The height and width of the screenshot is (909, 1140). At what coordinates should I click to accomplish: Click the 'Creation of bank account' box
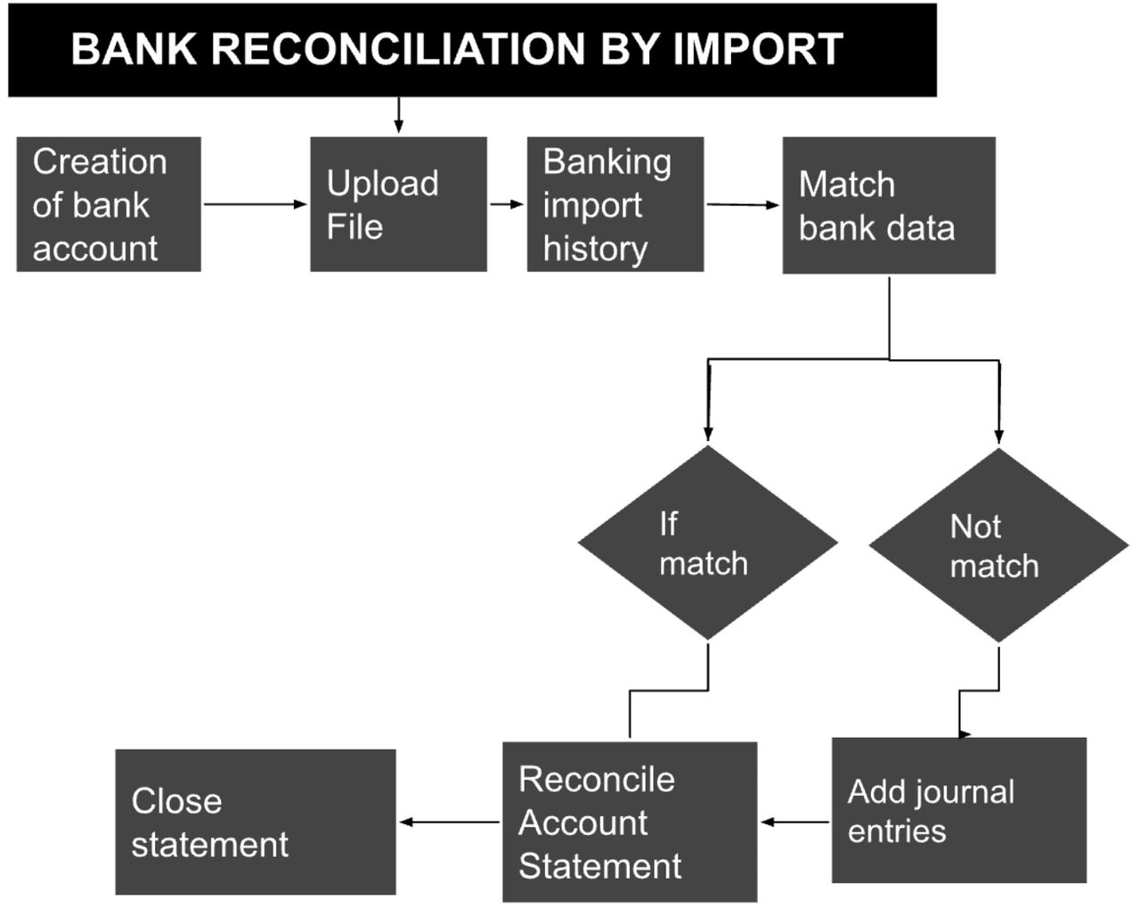[x=109, y=204]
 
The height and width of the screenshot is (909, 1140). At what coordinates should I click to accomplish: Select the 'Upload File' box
[x=398, y=204]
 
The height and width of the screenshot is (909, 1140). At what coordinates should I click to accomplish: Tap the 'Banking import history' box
[x=615, y=204]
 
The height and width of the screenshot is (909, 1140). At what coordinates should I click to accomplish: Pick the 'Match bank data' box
[x=889, y=205]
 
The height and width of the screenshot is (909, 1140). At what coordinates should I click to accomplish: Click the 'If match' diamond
[x=708, y=543]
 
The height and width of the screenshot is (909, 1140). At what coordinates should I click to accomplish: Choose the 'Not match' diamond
[x=998, y=545]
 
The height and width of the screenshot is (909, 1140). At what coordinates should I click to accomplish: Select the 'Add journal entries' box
[x=959, y=810]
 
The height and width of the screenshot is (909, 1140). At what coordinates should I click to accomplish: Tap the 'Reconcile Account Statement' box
[x=630, y=822]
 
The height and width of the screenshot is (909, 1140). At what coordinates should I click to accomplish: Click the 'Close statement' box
[x=256, y=822]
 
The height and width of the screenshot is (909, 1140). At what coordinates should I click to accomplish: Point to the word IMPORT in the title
[x=757, y=49]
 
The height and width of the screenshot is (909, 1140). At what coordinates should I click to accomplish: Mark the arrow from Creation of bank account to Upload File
[x=255, y=204]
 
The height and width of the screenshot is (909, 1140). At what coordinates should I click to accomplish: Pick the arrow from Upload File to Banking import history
[x=507, y=204]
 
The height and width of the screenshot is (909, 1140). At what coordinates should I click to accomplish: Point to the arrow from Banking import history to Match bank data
[x=743, y=205]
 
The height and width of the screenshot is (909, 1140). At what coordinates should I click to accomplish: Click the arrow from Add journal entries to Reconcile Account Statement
[x=794, y=822]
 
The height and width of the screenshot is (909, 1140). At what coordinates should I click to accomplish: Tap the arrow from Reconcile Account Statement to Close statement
[x=449, y=822]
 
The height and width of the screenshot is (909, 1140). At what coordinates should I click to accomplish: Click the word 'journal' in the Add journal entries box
[x=964, y=791]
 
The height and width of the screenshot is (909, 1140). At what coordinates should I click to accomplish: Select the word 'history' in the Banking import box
[x=595, y=249]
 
